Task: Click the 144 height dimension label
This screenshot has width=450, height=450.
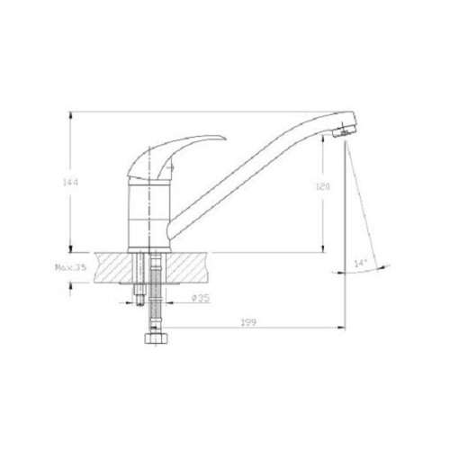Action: click(70, 182)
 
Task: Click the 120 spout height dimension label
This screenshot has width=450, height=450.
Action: click(322, 187)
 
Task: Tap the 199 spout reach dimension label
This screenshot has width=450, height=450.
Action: click(248, 322)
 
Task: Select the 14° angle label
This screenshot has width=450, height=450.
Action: click(361, 264)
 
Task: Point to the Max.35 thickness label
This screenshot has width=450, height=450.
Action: click(71, 267)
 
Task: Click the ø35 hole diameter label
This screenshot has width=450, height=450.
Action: click(201, 298)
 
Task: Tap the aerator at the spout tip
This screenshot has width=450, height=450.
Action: click(344, 131)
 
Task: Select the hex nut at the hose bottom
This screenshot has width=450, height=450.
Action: click(156, 338)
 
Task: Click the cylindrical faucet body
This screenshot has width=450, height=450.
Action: click(149, 213)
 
